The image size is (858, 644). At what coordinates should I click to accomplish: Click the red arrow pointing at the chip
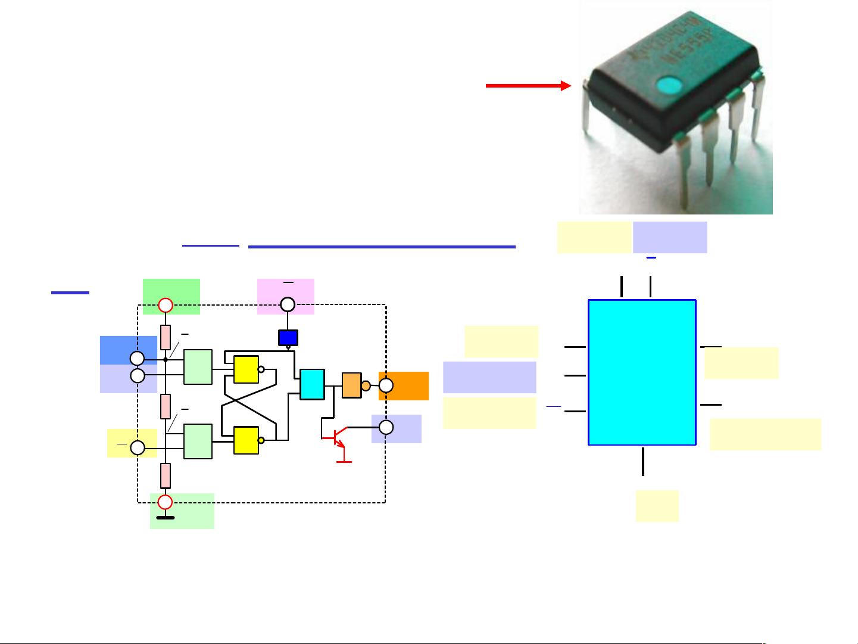[528, 86]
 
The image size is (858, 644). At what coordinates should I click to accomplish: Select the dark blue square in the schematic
[288, 337]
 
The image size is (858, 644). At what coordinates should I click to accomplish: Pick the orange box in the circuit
[351, 385]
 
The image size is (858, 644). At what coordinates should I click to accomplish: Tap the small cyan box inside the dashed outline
[312, 384]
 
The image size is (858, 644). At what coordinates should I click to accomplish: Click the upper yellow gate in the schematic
[246, 369]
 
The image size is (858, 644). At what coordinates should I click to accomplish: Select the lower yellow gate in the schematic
[246, 440]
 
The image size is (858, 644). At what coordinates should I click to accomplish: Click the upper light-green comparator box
[198, 367]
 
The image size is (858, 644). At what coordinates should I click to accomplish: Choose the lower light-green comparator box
[198, 441]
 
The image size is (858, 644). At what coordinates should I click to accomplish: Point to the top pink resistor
[166, 337]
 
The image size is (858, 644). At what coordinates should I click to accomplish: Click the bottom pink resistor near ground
[166, 475]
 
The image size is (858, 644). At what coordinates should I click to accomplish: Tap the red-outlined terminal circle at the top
[166, 305]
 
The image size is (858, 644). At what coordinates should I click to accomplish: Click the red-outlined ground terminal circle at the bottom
[166, 502]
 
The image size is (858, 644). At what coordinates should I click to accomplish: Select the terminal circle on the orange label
[386, 385]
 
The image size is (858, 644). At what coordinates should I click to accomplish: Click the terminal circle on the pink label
[288, 305]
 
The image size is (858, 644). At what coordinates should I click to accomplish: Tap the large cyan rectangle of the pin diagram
[642, 372]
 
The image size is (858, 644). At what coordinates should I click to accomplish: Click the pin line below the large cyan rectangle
[643, 461]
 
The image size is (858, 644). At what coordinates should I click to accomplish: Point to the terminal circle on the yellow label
[138, 448]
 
